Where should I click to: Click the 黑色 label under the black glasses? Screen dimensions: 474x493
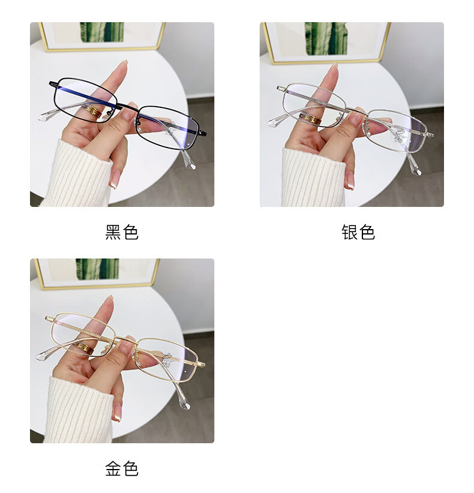coord(122,232)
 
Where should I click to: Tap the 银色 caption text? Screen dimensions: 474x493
coord(358,232)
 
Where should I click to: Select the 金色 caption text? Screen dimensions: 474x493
coord(122,469)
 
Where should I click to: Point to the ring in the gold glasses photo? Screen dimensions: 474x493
coord(85,348)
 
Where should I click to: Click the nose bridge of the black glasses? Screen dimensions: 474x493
coord(127,106)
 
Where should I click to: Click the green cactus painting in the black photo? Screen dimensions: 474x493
coord(101,32)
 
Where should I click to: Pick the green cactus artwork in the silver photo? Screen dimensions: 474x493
coord(326,38)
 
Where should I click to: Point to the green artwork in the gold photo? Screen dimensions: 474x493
coord(97,269)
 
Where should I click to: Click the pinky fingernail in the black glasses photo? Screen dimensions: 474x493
coord(114,180)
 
